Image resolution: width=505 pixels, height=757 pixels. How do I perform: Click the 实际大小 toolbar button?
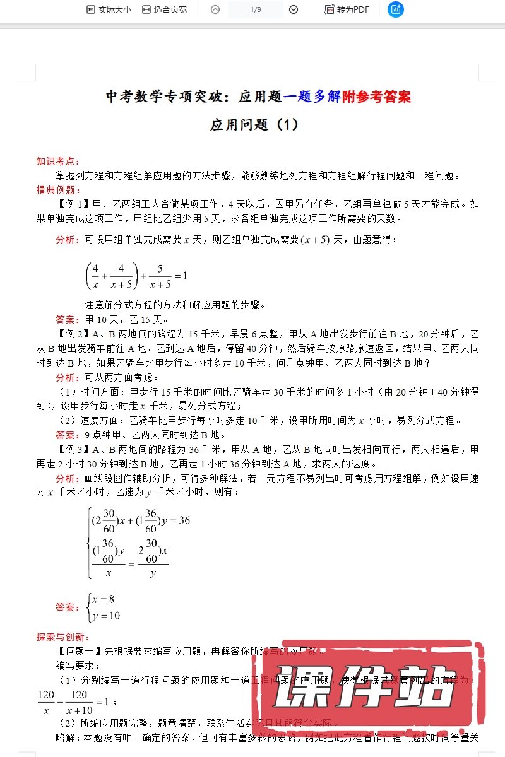[x=109, y=9]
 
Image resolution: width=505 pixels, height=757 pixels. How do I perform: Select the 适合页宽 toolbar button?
[x=164, y=9]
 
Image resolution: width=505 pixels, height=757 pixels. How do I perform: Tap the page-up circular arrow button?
[x=215, y=9]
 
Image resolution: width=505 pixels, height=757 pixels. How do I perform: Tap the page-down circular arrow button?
[x=294, y=9]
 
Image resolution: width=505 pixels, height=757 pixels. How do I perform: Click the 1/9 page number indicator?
[x=256, y=9]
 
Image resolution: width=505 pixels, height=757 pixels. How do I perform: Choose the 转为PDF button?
[x=347, y=9]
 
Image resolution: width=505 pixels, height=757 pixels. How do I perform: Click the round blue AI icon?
[x=396, y=9]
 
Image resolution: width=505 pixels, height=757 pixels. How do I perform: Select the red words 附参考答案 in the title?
[x=376, y=97]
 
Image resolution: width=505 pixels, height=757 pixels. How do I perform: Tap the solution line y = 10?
[x=105, y=616]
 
